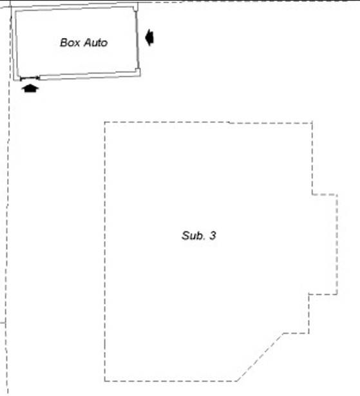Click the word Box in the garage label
click(x=70, y=42)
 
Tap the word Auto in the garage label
click(x=96, y=42)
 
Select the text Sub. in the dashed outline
click(x=193, y=236)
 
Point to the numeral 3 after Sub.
click(x=213, y=236)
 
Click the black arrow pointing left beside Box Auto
click(x=149, y=37)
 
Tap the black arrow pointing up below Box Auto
click(x=30, y=89)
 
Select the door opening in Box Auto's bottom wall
click(x=30, y=78)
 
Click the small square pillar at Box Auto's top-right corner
click(x=136, y=8)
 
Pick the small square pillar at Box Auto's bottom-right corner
click(x=137, y=71)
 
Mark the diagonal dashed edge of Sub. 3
click(x=260, y=357)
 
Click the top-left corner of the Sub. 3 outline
click(x=105, y=122)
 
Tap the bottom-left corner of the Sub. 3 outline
click(x=105, y=381)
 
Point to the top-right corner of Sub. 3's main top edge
click(x=312, y=123)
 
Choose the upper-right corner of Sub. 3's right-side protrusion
click(x=337, y=194)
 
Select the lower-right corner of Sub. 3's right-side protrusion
click(x=337, y=294)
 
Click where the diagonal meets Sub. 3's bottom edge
click(x=237, y=381)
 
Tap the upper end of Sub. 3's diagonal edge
click(x=284, y=333)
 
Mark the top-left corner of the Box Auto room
click(x=15, y=12)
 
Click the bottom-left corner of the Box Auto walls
click(x=14, y=80)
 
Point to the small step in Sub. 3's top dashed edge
click(x=229, y=123)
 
